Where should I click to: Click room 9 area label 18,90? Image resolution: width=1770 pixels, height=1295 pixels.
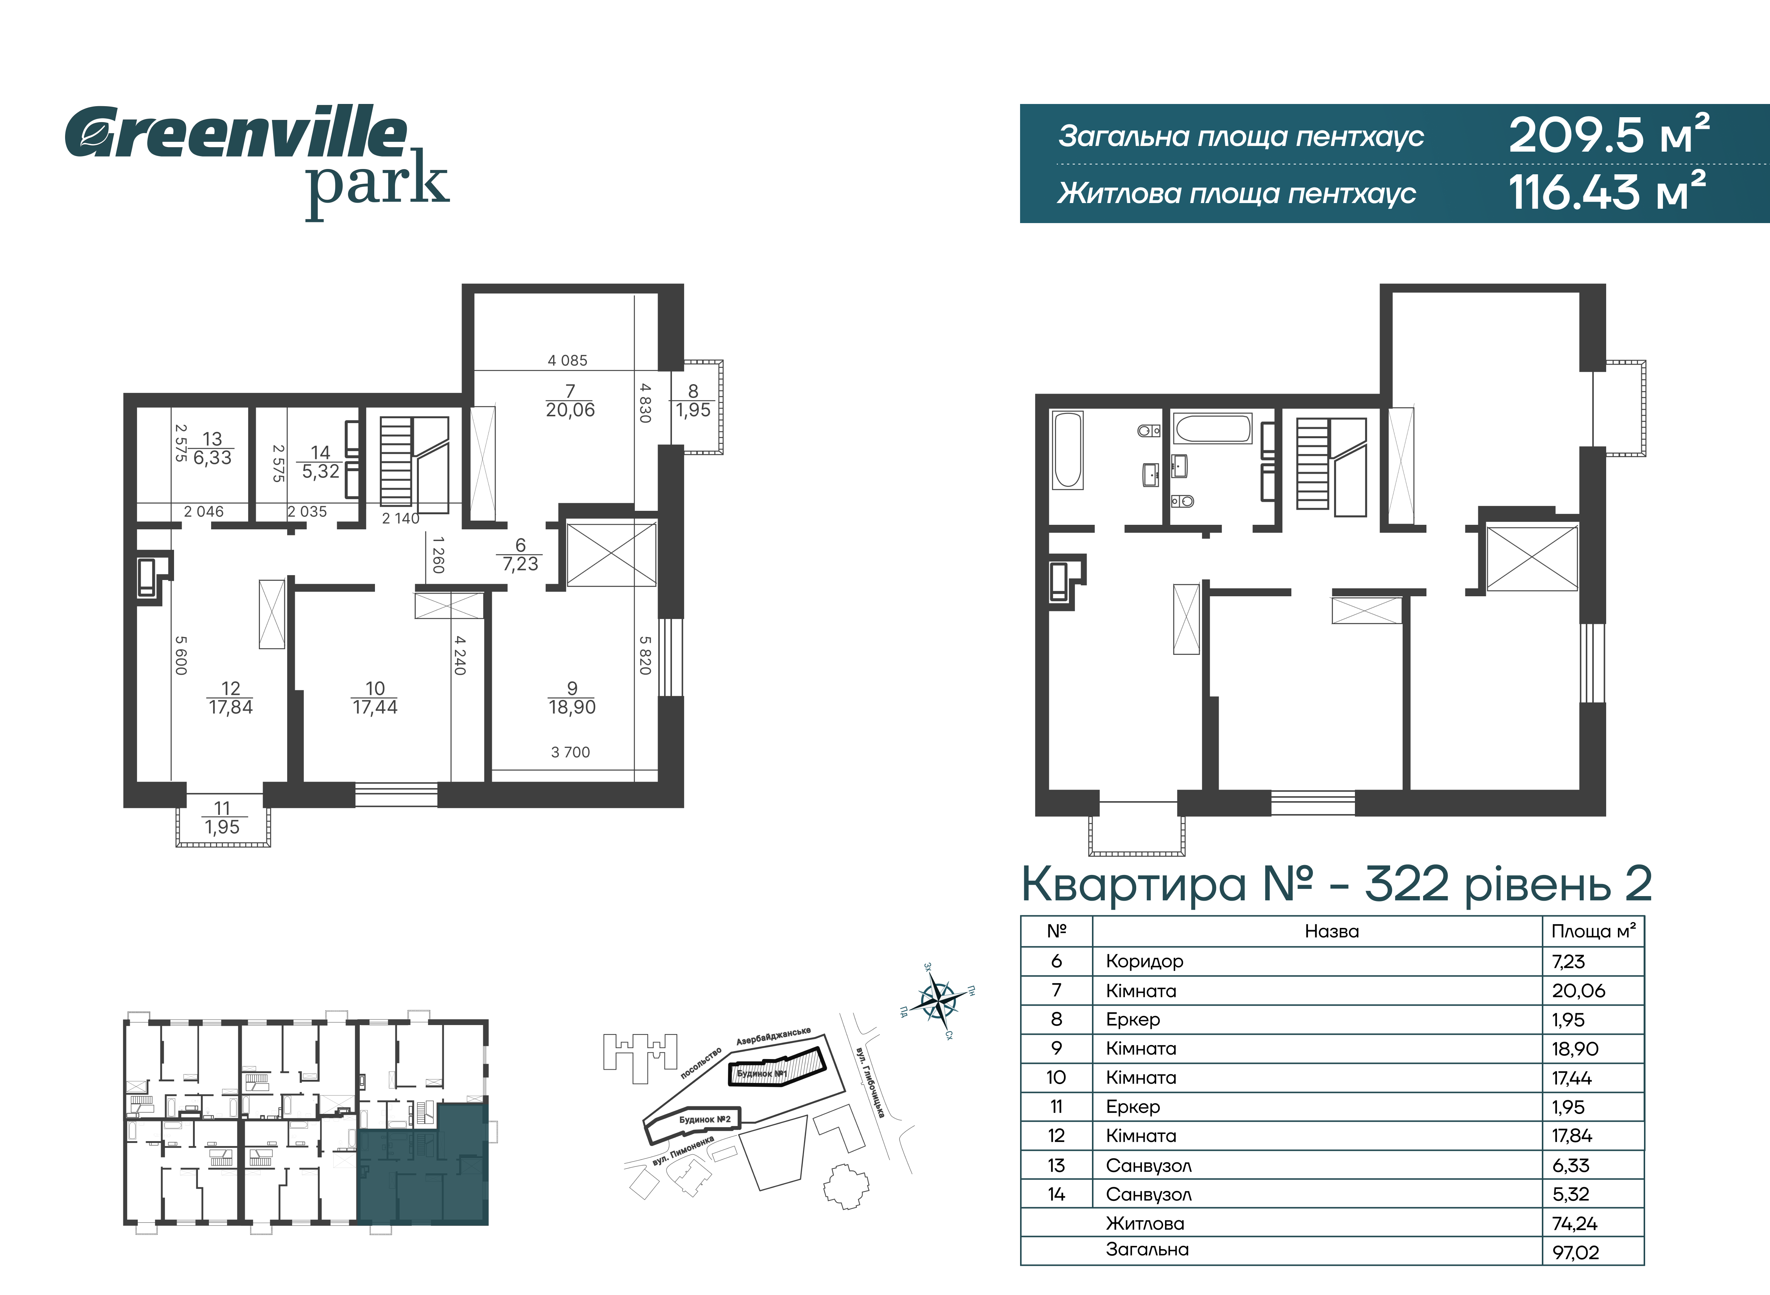(x=572, y=707)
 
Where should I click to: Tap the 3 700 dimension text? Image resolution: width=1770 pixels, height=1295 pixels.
(x=570, y=752)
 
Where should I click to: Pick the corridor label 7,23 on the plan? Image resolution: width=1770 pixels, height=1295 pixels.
(x=521, y=564)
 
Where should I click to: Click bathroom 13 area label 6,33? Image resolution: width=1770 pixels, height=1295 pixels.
(x=213, y=458)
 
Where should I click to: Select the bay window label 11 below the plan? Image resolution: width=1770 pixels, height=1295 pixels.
(x=222, y=808)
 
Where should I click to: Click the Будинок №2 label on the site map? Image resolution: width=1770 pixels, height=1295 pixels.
(x=704, y=1120)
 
